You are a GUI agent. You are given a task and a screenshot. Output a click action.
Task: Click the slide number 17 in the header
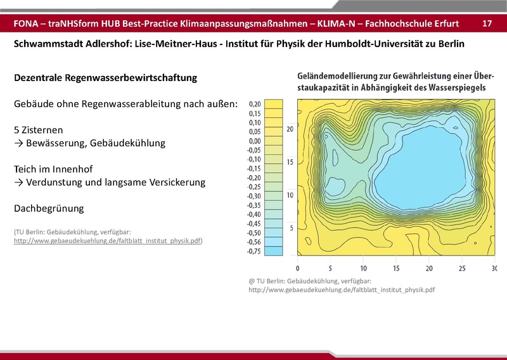[487, 23]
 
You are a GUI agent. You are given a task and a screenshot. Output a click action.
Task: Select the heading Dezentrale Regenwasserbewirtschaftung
[105, 78]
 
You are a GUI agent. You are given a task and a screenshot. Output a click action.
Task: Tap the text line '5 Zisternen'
[38, 129]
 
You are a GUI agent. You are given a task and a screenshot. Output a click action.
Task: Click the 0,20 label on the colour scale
[255, 103]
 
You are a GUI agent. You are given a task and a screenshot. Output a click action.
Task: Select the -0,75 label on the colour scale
[255, 252]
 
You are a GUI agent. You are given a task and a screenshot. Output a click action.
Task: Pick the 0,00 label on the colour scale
[255, 141]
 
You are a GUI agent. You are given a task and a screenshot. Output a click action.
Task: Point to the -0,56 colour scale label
[255, 242]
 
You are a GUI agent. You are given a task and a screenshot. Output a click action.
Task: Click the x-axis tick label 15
[396, 268]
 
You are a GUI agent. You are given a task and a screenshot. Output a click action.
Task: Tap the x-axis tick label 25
[461, 268]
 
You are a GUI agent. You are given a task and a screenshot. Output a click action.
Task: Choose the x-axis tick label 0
[297, 268]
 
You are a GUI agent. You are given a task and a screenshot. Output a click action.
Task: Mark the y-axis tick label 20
[289, 129]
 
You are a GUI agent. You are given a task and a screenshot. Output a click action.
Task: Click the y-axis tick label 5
[291, 228]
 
